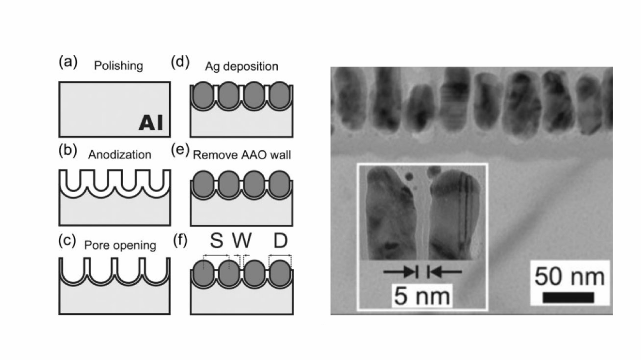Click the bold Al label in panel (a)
point(151,122)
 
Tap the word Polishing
point(119,66)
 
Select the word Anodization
point(120,155)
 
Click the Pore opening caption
point(120,245)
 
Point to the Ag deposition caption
point(242,66)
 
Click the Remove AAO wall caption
point(242,155)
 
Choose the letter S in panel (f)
point(216,240)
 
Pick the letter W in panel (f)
point(242,240)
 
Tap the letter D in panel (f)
point(280,240)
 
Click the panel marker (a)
point(68,62)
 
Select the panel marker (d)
point(180,62)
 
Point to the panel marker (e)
point(180,150)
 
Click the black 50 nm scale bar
point(568,297)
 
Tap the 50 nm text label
point(569,277)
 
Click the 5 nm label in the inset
point(422,296)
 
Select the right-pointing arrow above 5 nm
point(401,272)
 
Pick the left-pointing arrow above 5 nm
point(444,272)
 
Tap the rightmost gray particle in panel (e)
point(280,184)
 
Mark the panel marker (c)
point(67,240)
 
